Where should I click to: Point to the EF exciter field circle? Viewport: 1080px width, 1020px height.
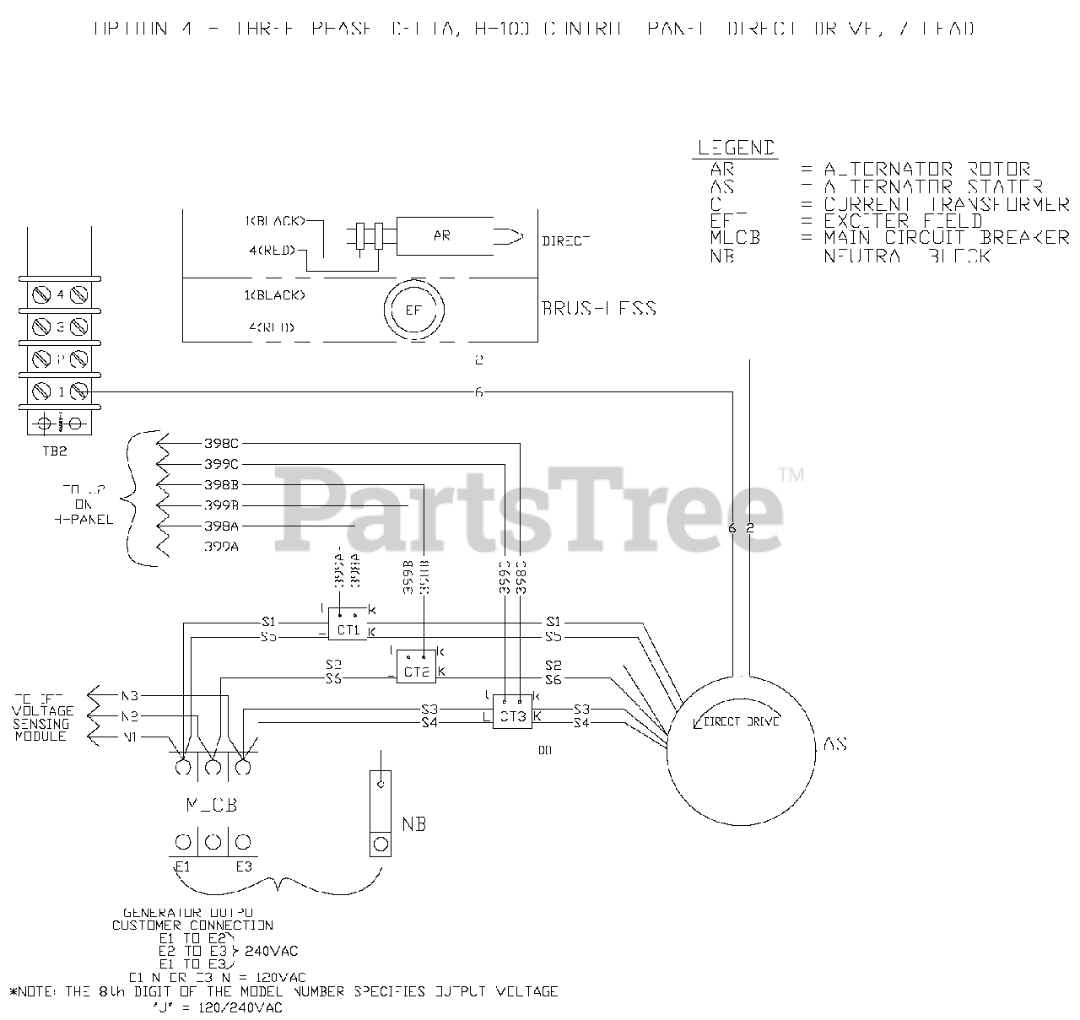413,310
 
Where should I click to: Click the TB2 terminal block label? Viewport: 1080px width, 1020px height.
55,451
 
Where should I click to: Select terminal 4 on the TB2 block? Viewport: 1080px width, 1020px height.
61,294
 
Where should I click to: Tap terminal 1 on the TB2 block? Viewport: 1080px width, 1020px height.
61,391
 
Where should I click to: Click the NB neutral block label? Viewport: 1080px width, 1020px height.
413,823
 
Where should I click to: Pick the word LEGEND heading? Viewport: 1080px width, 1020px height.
736,148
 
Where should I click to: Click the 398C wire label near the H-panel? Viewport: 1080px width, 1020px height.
222,443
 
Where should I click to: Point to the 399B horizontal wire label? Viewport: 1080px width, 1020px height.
222,505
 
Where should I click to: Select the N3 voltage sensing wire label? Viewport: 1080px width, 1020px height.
129,696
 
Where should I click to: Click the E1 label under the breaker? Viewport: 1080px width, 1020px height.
181,866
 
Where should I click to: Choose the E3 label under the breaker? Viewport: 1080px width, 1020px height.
244,866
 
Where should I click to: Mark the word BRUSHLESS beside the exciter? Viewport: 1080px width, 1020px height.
599,308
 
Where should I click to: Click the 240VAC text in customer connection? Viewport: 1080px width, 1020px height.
271,951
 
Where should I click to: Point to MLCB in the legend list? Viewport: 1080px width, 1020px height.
735,238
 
